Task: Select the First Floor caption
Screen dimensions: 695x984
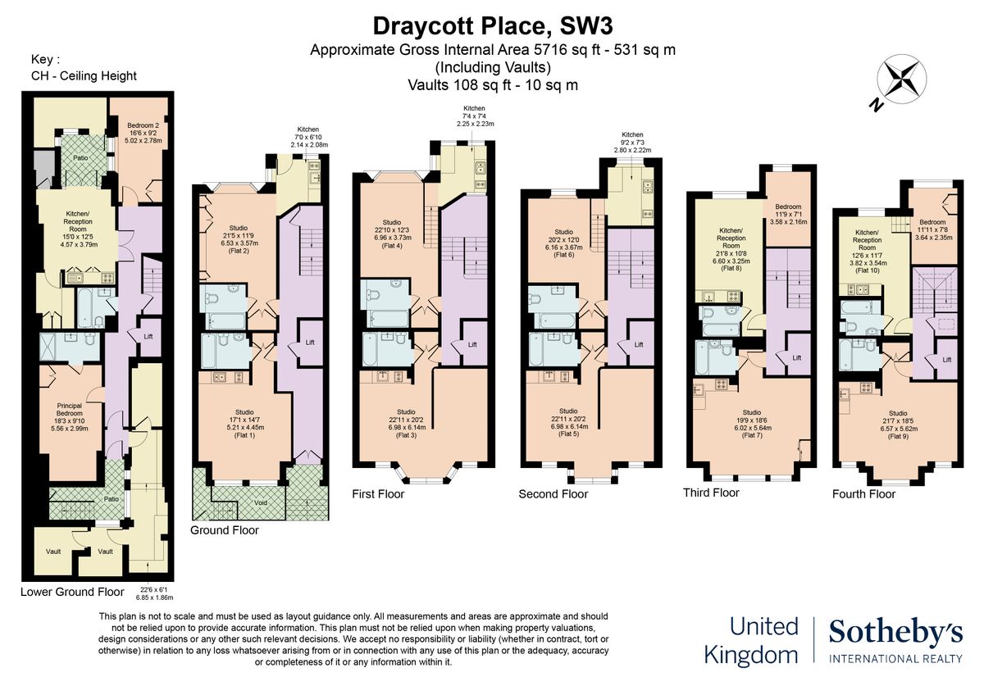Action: [378, 494]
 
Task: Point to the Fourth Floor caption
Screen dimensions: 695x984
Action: [863, 494]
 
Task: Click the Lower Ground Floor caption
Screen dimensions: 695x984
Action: [72, 591]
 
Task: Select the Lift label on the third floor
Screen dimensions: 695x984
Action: [796, 358]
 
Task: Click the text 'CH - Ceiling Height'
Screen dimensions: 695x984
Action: [84, 76]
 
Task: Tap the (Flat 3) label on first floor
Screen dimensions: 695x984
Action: [406, 434]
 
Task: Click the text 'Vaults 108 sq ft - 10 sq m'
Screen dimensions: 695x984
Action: [492, 84]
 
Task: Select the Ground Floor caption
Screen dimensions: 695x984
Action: [224, 530]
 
